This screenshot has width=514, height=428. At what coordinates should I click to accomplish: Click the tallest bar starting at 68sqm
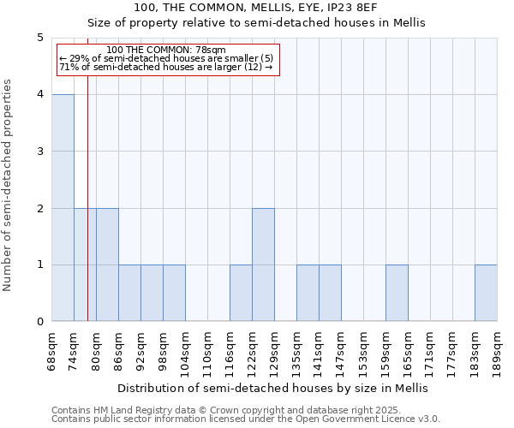tap(63, 208)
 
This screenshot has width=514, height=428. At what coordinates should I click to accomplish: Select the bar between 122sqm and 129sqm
tap(263, 265)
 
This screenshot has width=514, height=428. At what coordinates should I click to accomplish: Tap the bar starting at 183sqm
tap(486, 293)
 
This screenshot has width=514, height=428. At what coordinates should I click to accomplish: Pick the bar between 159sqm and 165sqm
tap(397, 293)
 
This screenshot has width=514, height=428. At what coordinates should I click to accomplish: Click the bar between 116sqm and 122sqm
tap(241, 293)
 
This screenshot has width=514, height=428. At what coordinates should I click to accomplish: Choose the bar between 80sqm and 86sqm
tap(107, 265)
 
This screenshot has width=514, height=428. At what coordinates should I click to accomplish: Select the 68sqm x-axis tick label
tap(52, 351)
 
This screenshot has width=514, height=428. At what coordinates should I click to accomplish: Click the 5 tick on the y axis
tap(39, 38)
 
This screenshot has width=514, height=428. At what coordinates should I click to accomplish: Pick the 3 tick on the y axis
tap(39, 152)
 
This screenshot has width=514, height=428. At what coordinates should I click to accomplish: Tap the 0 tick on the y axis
tap(39, 322)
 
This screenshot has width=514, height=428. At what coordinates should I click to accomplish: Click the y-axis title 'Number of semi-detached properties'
tap(9, 185)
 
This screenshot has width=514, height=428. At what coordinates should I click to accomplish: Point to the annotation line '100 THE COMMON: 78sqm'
tap(168, 51)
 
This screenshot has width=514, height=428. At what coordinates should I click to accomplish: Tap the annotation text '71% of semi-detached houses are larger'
tap(165, 67)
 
